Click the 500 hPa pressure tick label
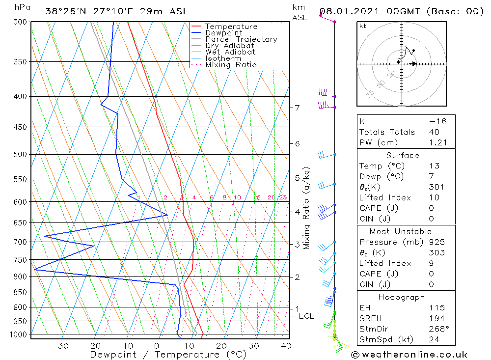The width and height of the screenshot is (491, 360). [20, 154]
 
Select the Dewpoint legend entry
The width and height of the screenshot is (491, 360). [224, 33]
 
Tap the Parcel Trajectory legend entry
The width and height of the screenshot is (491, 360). [241, 39]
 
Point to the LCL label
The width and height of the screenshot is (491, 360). [306, 316]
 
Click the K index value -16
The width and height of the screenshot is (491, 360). [437, 121]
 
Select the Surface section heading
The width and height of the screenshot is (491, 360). [403, 155]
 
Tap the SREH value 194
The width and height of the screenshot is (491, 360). [436, 318]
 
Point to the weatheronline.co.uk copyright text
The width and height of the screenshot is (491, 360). [409, 354]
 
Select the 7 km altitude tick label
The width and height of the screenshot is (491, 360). [298, 108]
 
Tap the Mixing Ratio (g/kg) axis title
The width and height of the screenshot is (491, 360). [307, 208]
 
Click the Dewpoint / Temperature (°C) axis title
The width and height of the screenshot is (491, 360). [168, 354]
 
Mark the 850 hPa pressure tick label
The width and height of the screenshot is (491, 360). [20, 292]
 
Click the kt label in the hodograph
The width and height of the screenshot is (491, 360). [362, 26]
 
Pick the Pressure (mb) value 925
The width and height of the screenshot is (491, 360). [436, 242]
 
